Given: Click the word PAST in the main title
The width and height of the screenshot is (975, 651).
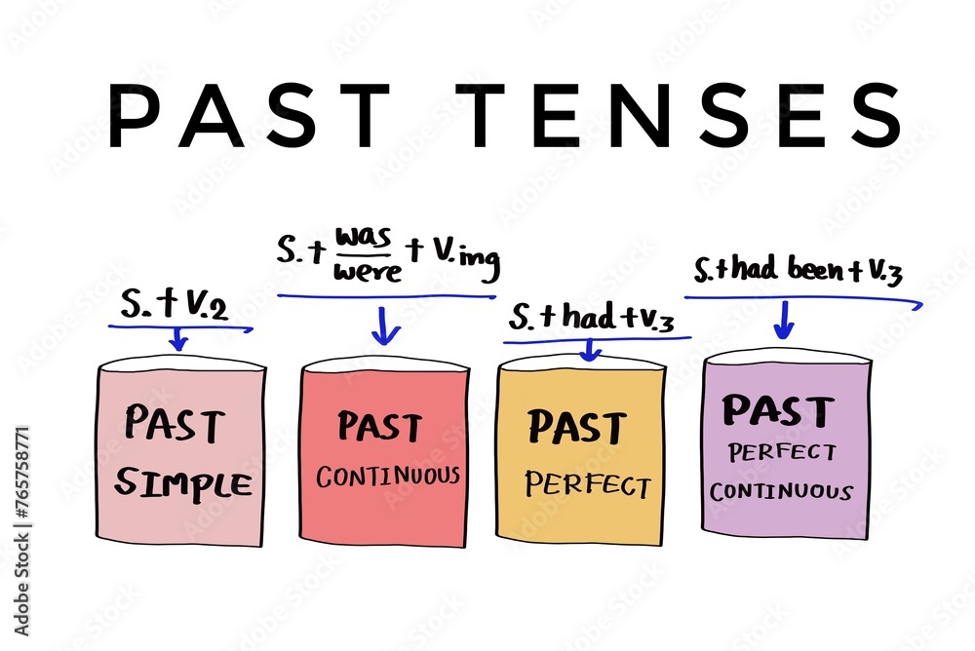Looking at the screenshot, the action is [249, 116].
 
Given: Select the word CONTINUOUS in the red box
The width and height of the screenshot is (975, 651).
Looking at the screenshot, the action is [387, 477].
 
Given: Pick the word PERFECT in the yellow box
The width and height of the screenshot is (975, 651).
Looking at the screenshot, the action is [587, 483].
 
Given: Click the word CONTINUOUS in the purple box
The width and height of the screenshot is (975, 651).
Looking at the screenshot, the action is [780, 490].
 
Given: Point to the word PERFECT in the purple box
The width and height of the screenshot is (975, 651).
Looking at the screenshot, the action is [782, 453].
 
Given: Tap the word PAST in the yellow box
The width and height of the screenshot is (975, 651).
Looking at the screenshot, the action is [576, 427].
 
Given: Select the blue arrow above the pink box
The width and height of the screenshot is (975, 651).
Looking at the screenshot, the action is [177, 338].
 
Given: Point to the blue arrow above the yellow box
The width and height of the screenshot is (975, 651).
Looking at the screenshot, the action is [587, 349].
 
